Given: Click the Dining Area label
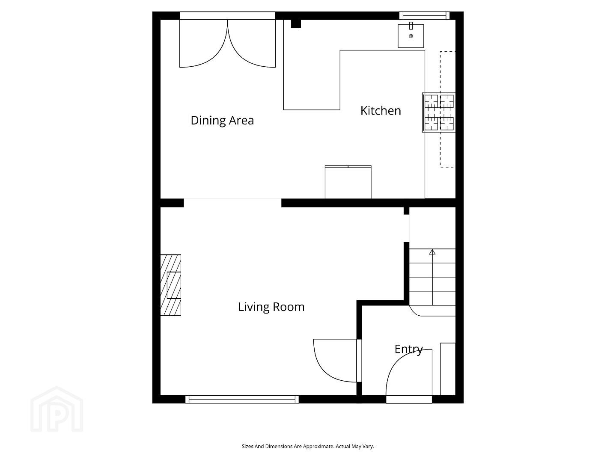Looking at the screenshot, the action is [222, 121].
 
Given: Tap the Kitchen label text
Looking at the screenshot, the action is [381, 111].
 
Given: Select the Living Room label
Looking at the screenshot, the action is [271, 307].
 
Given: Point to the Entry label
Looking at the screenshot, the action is [409, 349].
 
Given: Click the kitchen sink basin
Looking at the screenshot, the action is [411, 36].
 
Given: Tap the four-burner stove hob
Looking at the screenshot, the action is [439, 113].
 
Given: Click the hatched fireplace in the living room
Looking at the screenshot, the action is [171, 285].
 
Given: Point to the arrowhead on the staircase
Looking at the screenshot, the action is [432, 252].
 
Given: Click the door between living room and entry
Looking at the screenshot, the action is [337, 361].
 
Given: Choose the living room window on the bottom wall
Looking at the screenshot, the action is [242, 399].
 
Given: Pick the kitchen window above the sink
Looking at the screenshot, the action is [424, 15].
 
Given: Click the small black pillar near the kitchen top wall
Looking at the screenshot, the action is [296, 24].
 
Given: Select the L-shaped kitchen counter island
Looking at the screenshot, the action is [354, 80].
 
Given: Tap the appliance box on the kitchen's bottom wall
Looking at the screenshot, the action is [348, 182].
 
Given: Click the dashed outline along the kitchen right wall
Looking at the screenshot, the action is [447, 110].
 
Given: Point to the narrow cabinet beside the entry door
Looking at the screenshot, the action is [448, 369].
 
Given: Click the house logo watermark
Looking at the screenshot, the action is [57, 409].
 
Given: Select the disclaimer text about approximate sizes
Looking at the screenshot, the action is [308, 446].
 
